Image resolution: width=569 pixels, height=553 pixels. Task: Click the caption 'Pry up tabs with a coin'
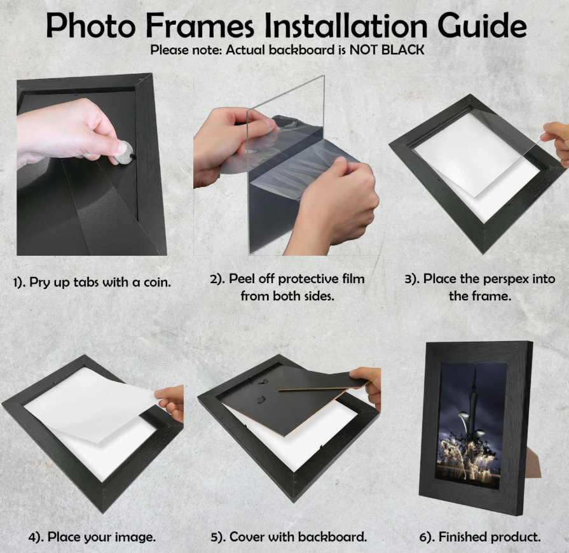92,282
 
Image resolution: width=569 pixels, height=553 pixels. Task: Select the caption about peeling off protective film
287,288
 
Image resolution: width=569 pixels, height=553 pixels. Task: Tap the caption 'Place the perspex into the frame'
480,288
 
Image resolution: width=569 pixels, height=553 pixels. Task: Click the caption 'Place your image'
92,537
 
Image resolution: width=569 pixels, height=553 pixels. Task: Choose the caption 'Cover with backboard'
289,537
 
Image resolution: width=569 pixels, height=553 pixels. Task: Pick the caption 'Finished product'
480,537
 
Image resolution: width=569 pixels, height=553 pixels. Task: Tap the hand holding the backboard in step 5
368,382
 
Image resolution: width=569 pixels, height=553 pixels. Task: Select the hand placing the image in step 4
170,401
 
